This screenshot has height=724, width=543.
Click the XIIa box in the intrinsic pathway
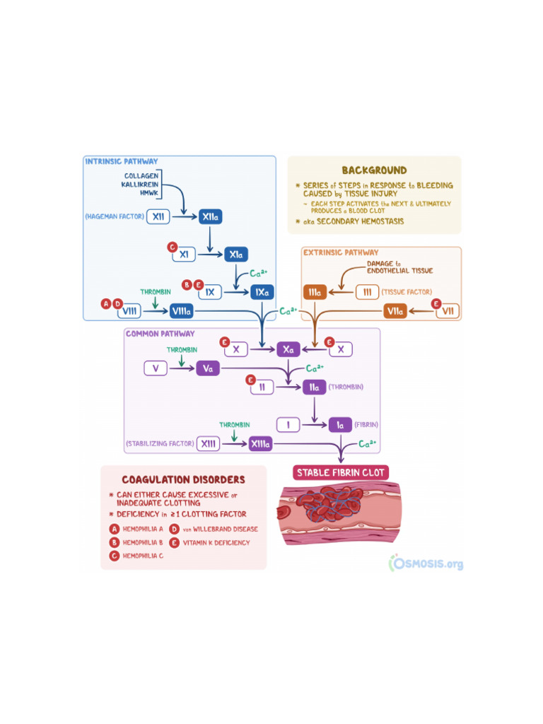pyautogui.click(x=210, y=217)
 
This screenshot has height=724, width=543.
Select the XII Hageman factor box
pyautogui.click(x=160, y=217)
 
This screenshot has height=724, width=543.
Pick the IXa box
pyautogui.click(x=260, y=291)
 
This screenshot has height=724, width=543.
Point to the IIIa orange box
pyautogui.click(x=315, y=292)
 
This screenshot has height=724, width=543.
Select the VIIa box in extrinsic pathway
pyautogui.click(x=395, y=310)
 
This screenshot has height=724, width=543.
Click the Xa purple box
pyautogui.click(x=288, y=349)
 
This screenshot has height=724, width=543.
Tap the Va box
pyautogui.click(x=208, y=368)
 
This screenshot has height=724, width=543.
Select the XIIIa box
pyautogui.click(x=259, y=443)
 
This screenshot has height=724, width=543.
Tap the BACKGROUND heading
pyautogui.click(x=374, y=170)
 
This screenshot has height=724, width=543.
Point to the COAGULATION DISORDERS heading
pyautogui.click(x=183, y=480)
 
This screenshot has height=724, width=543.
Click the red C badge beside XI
pyautogui.click(x=171, y=247)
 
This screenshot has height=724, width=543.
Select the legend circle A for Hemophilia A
pyautogui.click(x=114, y=529)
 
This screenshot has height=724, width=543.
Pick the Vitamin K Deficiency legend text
pyautogui.click(x=216, y=543)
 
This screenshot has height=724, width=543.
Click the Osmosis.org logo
pyautogui.click(x=427, y=563)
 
